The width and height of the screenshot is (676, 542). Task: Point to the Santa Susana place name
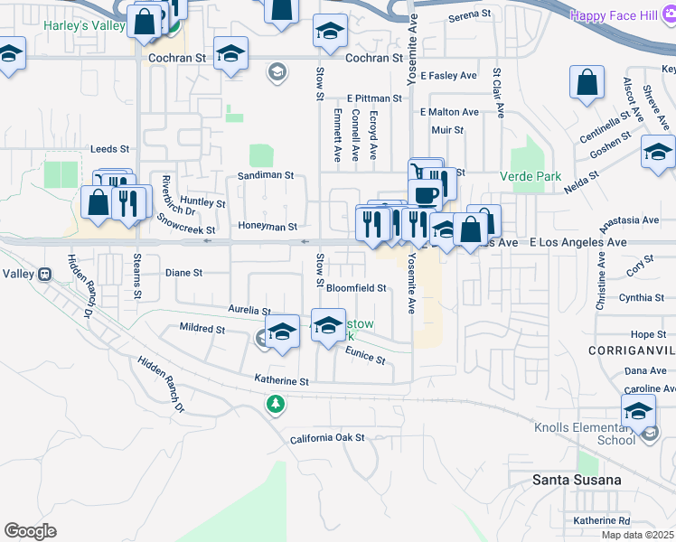[x=577, y=480]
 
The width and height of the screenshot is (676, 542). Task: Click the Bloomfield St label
[x=356, y=288]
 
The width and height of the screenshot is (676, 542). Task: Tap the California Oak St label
[x=326, y=438]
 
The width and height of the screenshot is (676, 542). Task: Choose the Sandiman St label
[x=266, y=175]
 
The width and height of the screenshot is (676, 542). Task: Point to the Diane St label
[x=183, y=272]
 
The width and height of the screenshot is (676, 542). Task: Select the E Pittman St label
[x=374, y=98]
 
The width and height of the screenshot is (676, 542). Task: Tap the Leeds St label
[x=110, y=148]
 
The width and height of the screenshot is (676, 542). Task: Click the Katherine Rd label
[x=601, y=520]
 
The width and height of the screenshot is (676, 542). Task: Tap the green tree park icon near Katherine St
[x=276, y=405]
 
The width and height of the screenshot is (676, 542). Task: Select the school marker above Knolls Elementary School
[x=638, y=411]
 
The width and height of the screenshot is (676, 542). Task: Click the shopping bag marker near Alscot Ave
[x=587, y=83]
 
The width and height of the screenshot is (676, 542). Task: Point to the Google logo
[x=31, y=531]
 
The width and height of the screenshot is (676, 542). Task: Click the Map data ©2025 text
[x=636, y=535]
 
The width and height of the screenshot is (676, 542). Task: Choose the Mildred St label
[x=202, y=330]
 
